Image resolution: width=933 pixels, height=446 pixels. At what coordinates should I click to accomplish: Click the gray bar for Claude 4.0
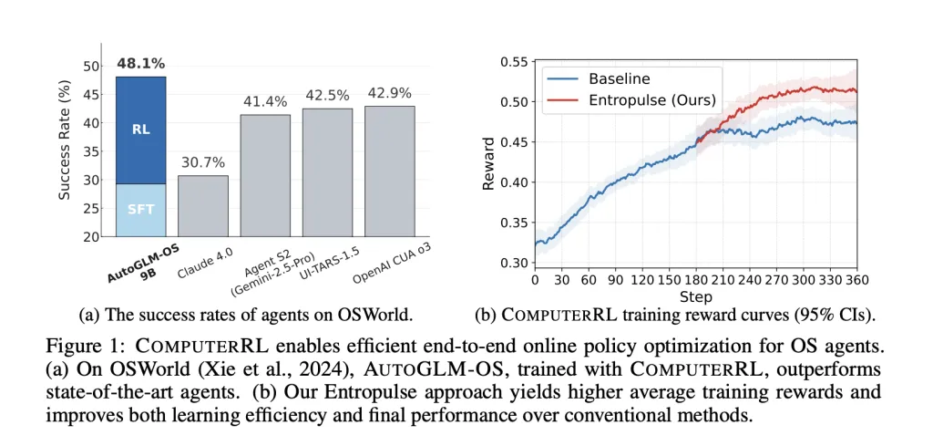pyautogui.click(x=202, y=206)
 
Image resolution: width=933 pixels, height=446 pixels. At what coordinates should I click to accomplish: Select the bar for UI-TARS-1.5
pyautogui.click(x=327, y=172)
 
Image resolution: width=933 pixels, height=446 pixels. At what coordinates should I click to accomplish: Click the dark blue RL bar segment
pyautogui.click(x=140, y=130)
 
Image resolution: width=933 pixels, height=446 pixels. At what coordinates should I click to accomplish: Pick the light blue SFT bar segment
pyautogui.click(x=140, y=210)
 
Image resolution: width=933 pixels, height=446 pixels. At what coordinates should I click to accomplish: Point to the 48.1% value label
pyautogui.click(x=140, y=64)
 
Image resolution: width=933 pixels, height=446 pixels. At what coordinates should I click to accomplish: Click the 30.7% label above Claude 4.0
pyautogui.click(x=202, y=162)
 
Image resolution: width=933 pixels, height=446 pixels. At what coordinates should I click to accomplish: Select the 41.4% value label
pyautogui.click(x=265, y=102)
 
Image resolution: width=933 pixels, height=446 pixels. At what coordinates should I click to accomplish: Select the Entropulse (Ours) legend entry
pyautogui.click(x=651, y=99)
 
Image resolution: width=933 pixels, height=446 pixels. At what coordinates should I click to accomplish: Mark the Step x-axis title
pyautogui.click(x=695, y=296)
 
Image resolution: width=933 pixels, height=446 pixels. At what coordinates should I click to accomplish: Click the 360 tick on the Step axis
pyautogui.click(x=856, y=280)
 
